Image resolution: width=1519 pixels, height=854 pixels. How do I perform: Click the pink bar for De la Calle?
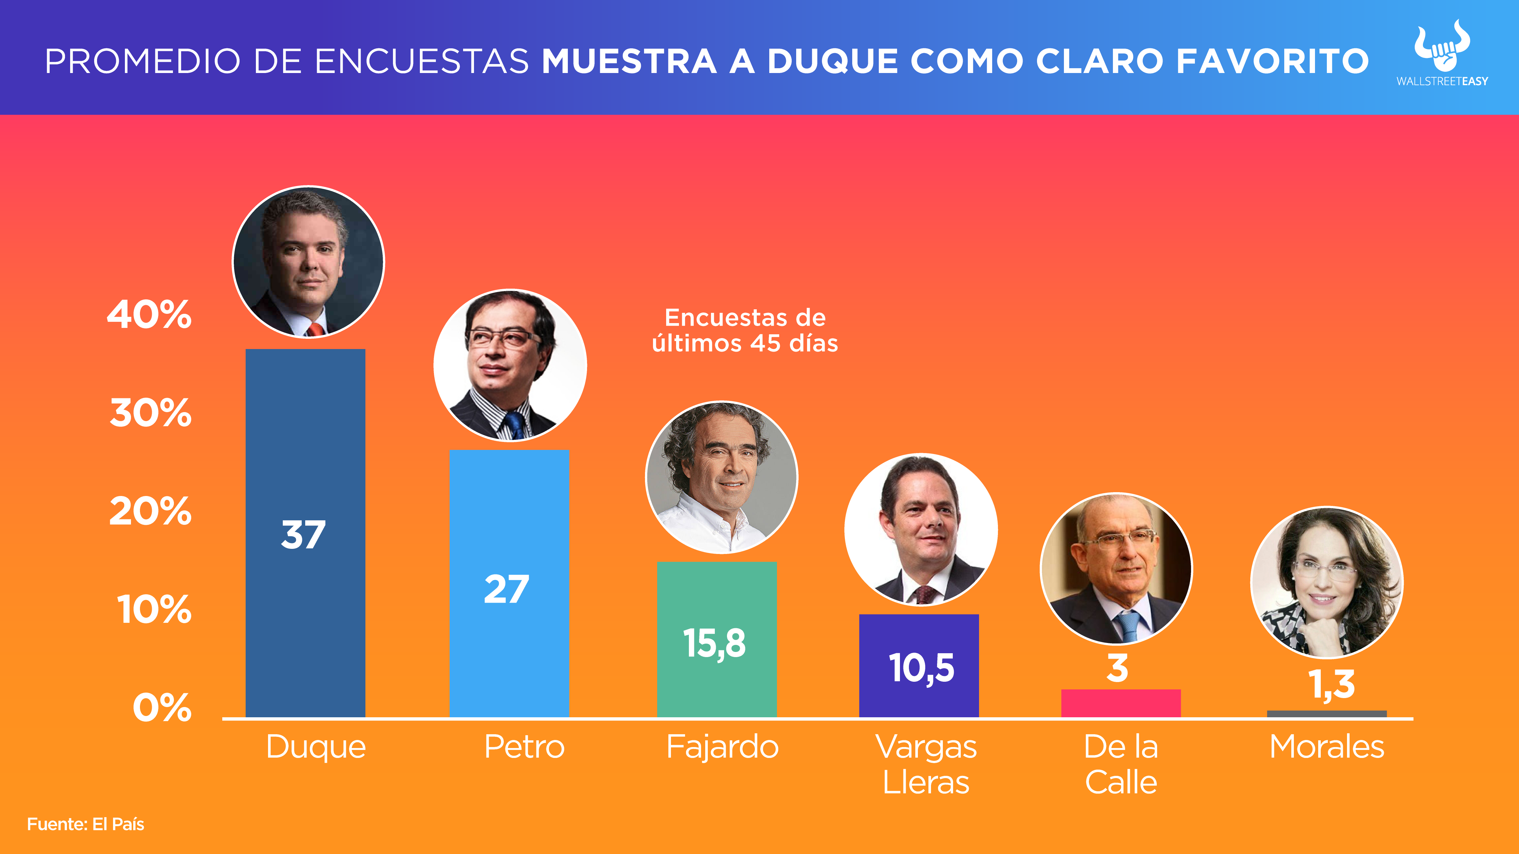pyautogui.click(x=1120, y=703)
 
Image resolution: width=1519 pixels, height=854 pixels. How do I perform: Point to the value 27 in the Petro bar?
pyautogui.click(x=507, y=589)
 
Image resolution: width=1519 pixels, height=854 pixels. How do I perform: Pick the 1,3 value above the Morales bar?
pyautogui.click(x=1331, y=684)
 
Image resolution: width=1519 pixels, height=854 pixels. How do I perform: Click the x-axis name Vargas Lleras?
pyautogui.click(x=926, y=764)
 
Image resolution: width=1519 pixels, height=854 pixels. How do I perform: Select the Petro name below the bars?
pyautogui.click(x=524, y=747)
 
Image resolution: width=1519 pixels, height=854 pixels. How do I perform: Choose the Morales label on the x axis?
pyautogui.click(x=1327, y=747)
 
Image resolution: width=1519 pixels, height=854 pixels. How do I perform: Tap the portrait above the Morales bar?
pyautogui.click(x=1327, y=583)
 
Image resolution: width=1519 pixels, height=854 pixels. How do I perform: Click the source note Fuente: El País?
pyautogui.click(x=86, y=824)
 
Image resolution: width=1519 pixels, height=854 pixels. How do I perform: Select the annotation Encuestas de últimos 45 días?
pyautogui.click(x=745, y=330)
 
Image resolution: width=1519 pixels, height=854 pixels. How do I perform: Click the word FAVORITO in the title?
pyautogui.click(x=1272, y=61)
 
